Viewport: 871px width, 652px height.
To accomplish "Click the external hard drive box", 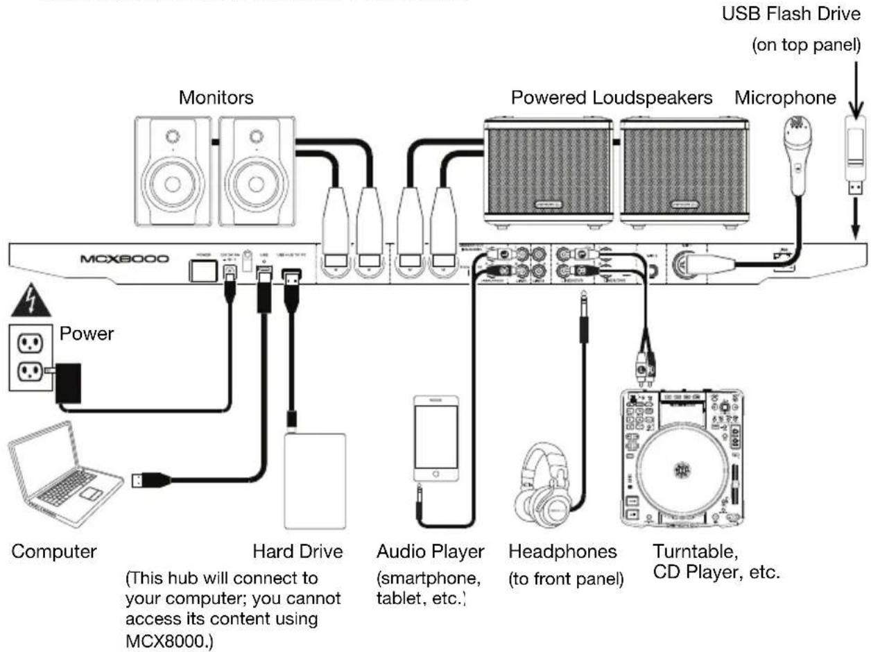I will (315, 481).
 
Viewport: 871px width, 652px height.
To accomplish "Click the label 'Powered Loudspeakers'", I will (612, 98).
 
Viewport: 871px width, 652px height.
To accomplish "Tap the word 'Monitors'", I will (216, 98).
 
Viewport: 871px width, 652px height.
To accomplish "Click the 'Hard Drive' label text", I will (297, 551).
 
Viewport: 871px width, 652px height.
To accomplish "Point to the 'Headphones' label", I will (562, 551).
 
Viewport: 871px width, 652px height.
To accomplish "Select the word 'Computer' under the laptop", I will (53, 551).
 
